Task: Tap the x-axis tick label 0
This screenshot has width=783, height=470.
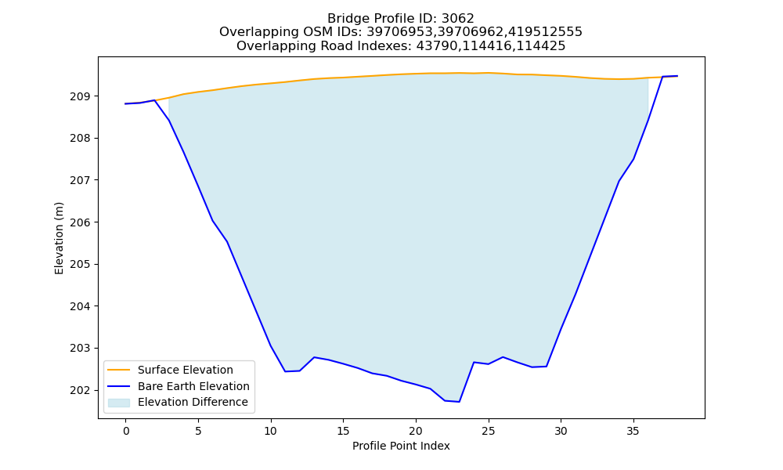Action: pos(126,431)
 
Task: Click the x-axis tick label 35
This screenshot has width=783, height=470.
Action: pos(633,431)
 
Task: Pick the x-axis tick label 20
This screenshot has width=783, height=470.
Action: pos(416,431)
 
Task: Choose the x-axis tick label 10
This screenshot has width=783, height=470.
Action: pos(271,431)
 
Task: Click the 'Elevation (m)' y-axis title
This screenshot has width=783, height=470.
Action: pos(59,238)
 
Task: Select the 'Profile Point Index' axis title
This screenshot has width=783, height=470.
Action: pos(401,446)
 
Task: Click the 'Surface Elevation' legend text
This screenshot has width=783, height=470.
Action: pos(186,370)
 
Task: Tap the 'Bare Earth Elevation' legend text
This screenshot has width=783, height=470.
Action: pos(193,386)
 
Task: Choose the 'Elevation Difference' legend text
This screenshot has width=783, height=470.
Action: pos(193,402)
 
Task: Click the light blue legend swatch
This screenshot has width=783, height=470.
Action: pos(119,403)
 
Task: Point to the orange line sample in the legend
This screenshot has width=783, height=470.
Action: pos(119,370)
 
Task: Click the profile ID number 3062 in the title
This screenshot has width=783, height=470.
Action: pos(457,19)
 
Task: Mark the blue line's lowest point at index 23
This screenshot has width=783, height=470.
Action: pos(459,402)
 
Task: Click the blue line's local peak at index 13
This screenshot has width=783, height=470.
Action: pos(314,357)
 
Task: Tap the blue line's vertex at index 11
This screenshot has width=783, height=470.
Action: pos(285,371)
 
